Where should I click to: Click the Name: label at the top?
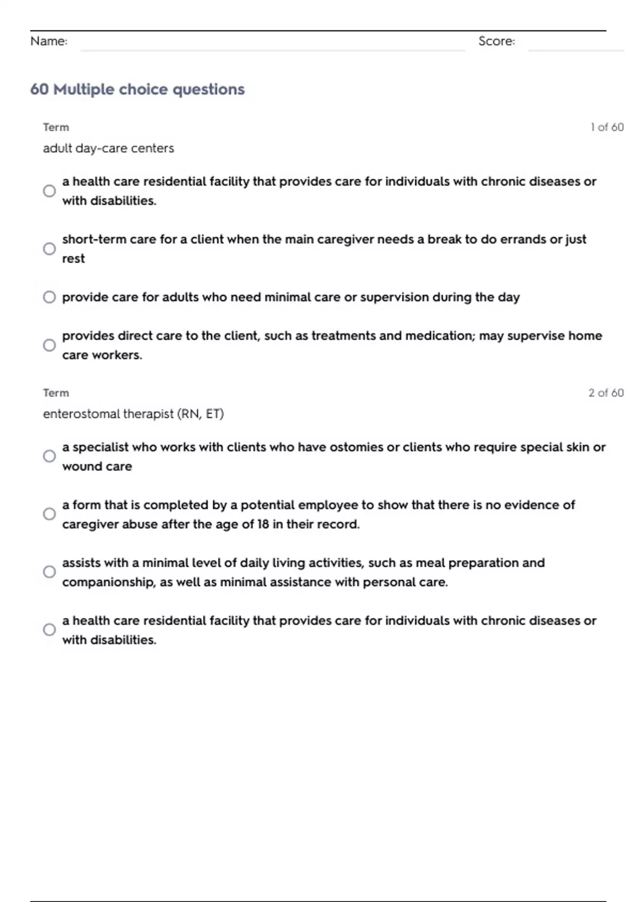coord(49,41)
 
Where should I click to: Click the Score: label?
coord(496,41)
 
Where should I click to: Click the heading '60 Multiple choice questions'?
coord(137,89)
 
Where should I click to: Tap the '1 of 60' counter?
coord(607,127)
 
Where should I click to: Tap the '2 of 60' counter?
coord(606,393)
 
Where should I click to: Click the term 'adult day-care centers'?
coord(108,149)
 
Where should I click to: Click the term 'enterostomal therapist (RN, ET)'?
coord(133,414)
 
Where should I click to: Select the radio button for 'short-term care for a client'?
coord(49,249)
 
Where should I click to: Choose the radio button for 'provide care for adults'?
coord(49,297)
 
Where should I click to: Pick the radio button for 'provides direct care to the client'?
coord(49,345)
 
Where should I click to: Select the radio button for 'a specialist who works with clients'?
coord(49,456)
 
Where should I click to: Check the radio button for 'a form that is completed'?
coord(49,514)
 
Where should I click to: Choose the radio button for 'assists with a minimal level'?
coord(49,572)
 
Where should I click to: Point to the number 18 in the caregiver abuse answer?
coord(263,524)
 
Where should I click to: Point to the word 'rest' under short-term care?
coord(73,259)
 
